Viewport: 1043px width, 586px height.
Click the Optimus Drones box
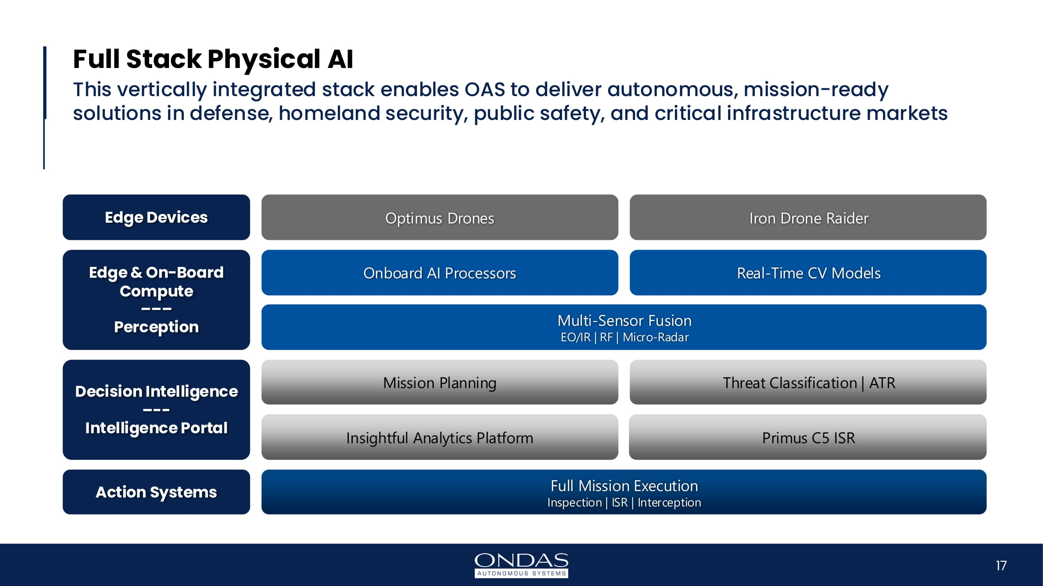tap(440, 218)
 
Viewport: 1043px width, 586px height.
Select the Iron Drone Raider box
tap(808, 218)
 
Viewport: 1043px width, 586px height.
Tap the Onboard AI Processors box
tap(440, 273)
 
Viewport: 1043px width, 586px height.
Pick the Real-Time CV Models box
tap(808, 273)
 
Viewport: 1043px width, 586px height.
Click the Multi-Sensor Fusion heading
tap(624, 320)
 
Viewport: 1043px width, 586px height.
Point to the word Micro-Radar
tap(655, 337)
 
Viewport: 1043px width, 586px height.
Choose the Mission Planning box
tap(440, 382)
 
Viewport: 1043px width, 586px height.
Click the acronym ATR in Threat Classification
tap(882, 383)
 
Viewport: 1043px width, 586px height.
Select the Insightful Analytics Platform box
tap(440, 438)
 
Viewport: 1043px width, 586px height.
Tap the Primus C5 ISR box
tap(808, 438)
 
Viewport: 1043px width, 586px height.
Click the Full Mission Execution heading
tap(624, 485)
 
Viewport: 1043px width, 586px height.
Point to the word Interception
tap(669, 502)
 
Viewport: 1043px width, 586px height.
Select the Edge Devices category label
tap(156, 218)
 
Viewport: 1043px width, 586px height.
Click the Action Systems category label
tap(156, 492)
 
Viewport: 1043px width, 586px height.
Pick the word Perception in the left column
tap(156, 327)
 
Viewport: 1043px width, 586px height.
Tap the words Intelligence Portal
tap(156, 428)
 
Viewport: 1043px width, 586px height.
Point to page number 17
tap(1001, 565)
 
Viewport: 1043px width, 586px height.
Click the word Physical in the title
tap(264, 59)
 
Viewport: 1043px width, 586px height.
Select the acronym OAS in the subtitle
tap(485, 89)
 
